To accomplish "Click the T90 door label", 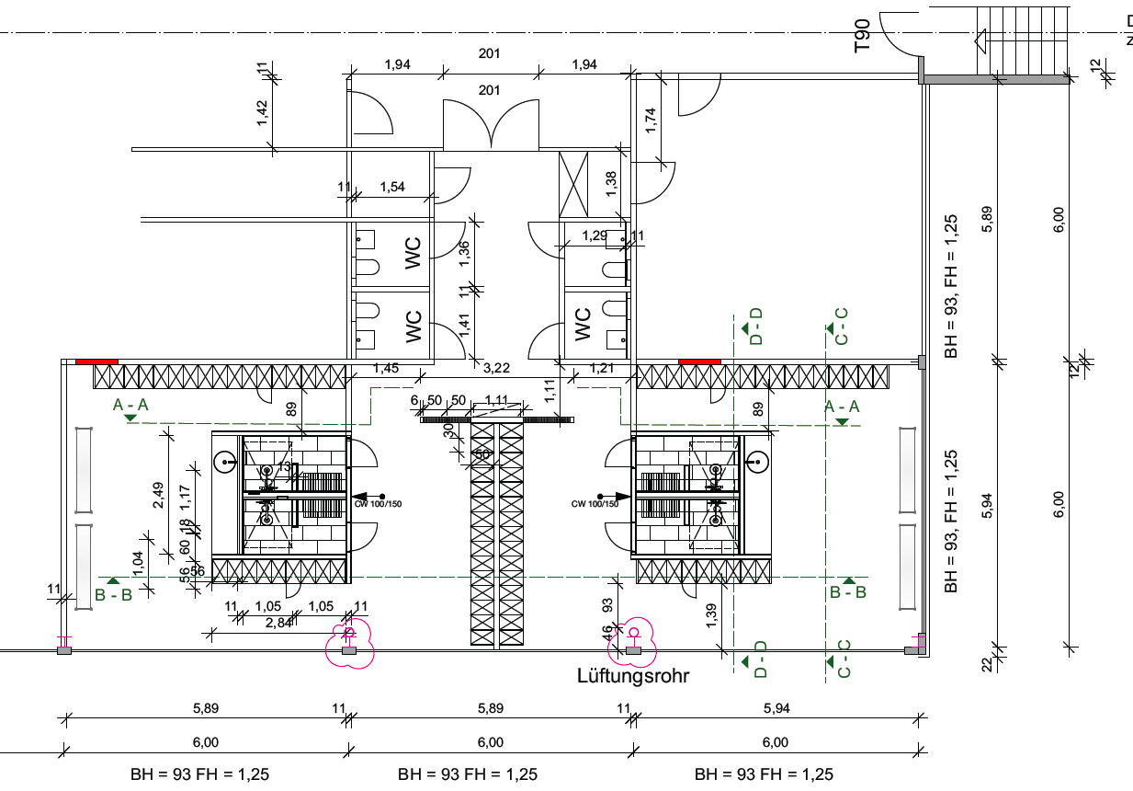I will (862, 35).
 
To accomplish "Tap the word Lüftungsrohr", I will (633, 676).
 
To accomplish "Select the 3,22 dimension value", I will (497, 369).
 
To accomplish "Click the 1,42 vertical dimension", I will (262, 112).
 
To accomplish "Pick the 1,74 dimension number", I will (651, 121).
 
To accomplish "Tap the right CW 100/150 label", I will (595, 503).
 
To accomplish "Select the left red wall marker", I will (96, 361).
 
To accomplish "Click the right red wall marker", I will (699, 361).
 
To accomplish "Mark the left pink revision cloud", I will (350, 641).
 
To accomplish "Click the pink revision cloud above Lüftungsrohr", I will (634, 641).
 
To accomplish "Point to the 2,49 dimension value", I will (159, 495).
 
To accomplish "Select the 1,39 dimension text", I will (711, 616).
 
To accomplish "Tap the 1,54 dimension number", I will (392, 188).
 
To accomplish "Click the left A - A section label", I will (130, 405).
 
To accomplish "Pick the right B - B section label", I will (847, 592).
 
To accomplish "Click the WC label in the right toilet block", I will (582, 325).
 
